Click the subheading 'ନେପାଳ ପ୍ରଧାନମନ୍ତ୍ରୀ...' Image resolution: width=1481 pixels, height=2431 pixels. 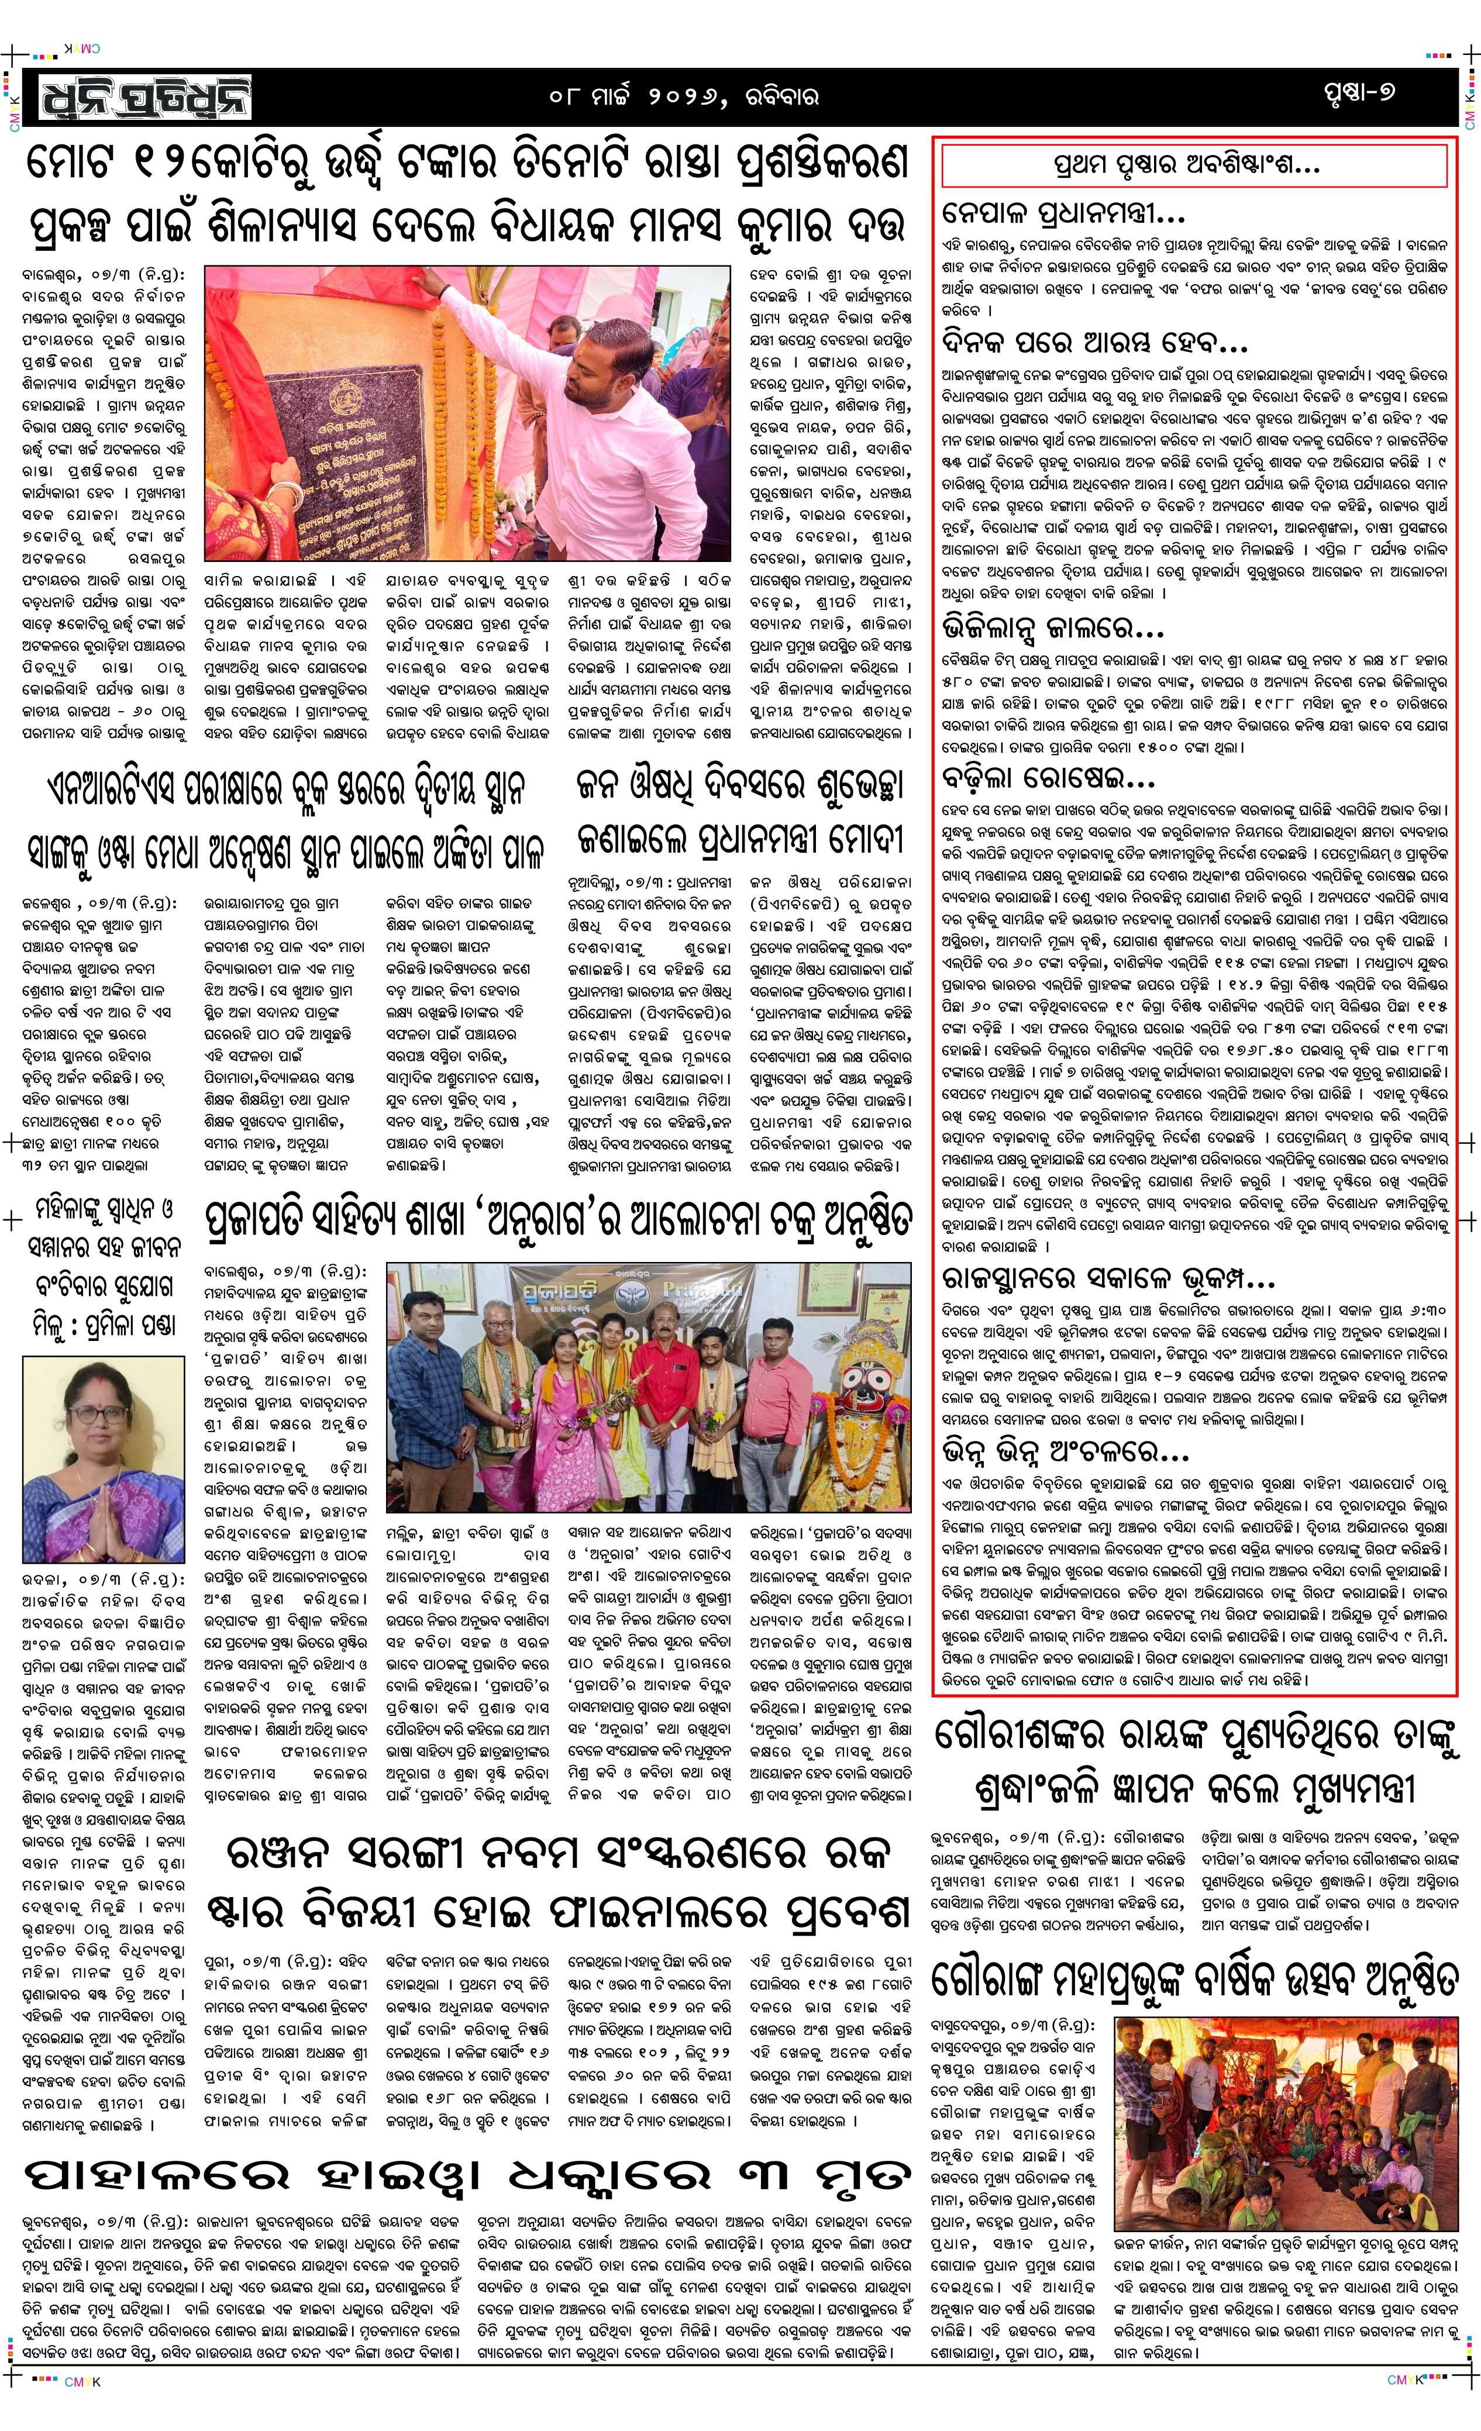tap(1063, 212)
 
